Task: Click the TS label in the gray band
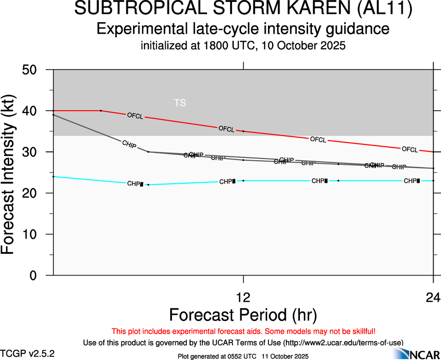point(180,103)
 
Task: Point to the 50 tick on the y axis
point(34,70)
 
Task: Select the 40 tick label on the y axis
point(34,111)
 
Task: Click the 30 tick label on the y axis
point(34,152)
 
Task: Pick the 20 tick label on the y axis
point(34,193)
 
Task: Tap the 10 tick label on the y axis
point(34,234)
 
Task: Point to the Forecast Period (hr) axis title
point(243,315)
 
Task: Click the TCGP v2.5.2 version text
point(28,354)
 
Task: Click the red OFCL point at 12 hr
point(244,132)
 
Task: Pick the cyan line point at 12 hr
point(244,180)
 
